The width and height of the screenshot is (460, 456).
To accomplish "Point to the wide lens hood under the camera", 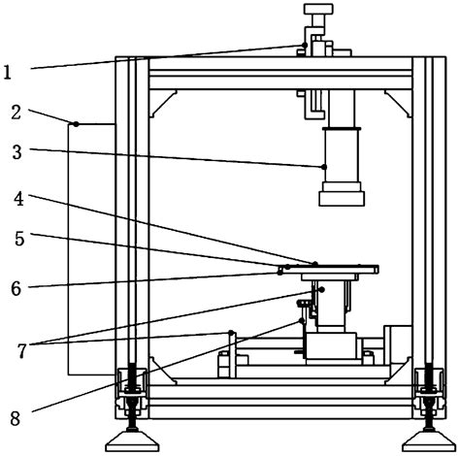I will [x=344, y=198].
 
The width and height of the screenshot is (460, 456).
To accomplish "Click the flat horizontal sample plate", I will [x=330, y=269].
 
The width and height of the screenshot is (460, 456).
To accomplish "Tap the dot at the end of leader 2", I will [x=74, y=123].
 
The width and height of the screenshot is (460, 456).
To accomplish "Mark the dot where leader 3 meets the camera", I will [x=324, y=167].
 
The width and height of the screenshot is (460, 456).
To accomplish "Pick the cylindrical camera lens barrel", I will [x=344, y=155].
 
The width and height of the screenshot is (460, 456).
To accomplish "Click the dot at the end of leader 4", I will [x=315, y=263].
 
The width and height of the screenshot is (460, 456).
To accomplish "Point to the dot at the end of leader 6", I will [x=280, y=273].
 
